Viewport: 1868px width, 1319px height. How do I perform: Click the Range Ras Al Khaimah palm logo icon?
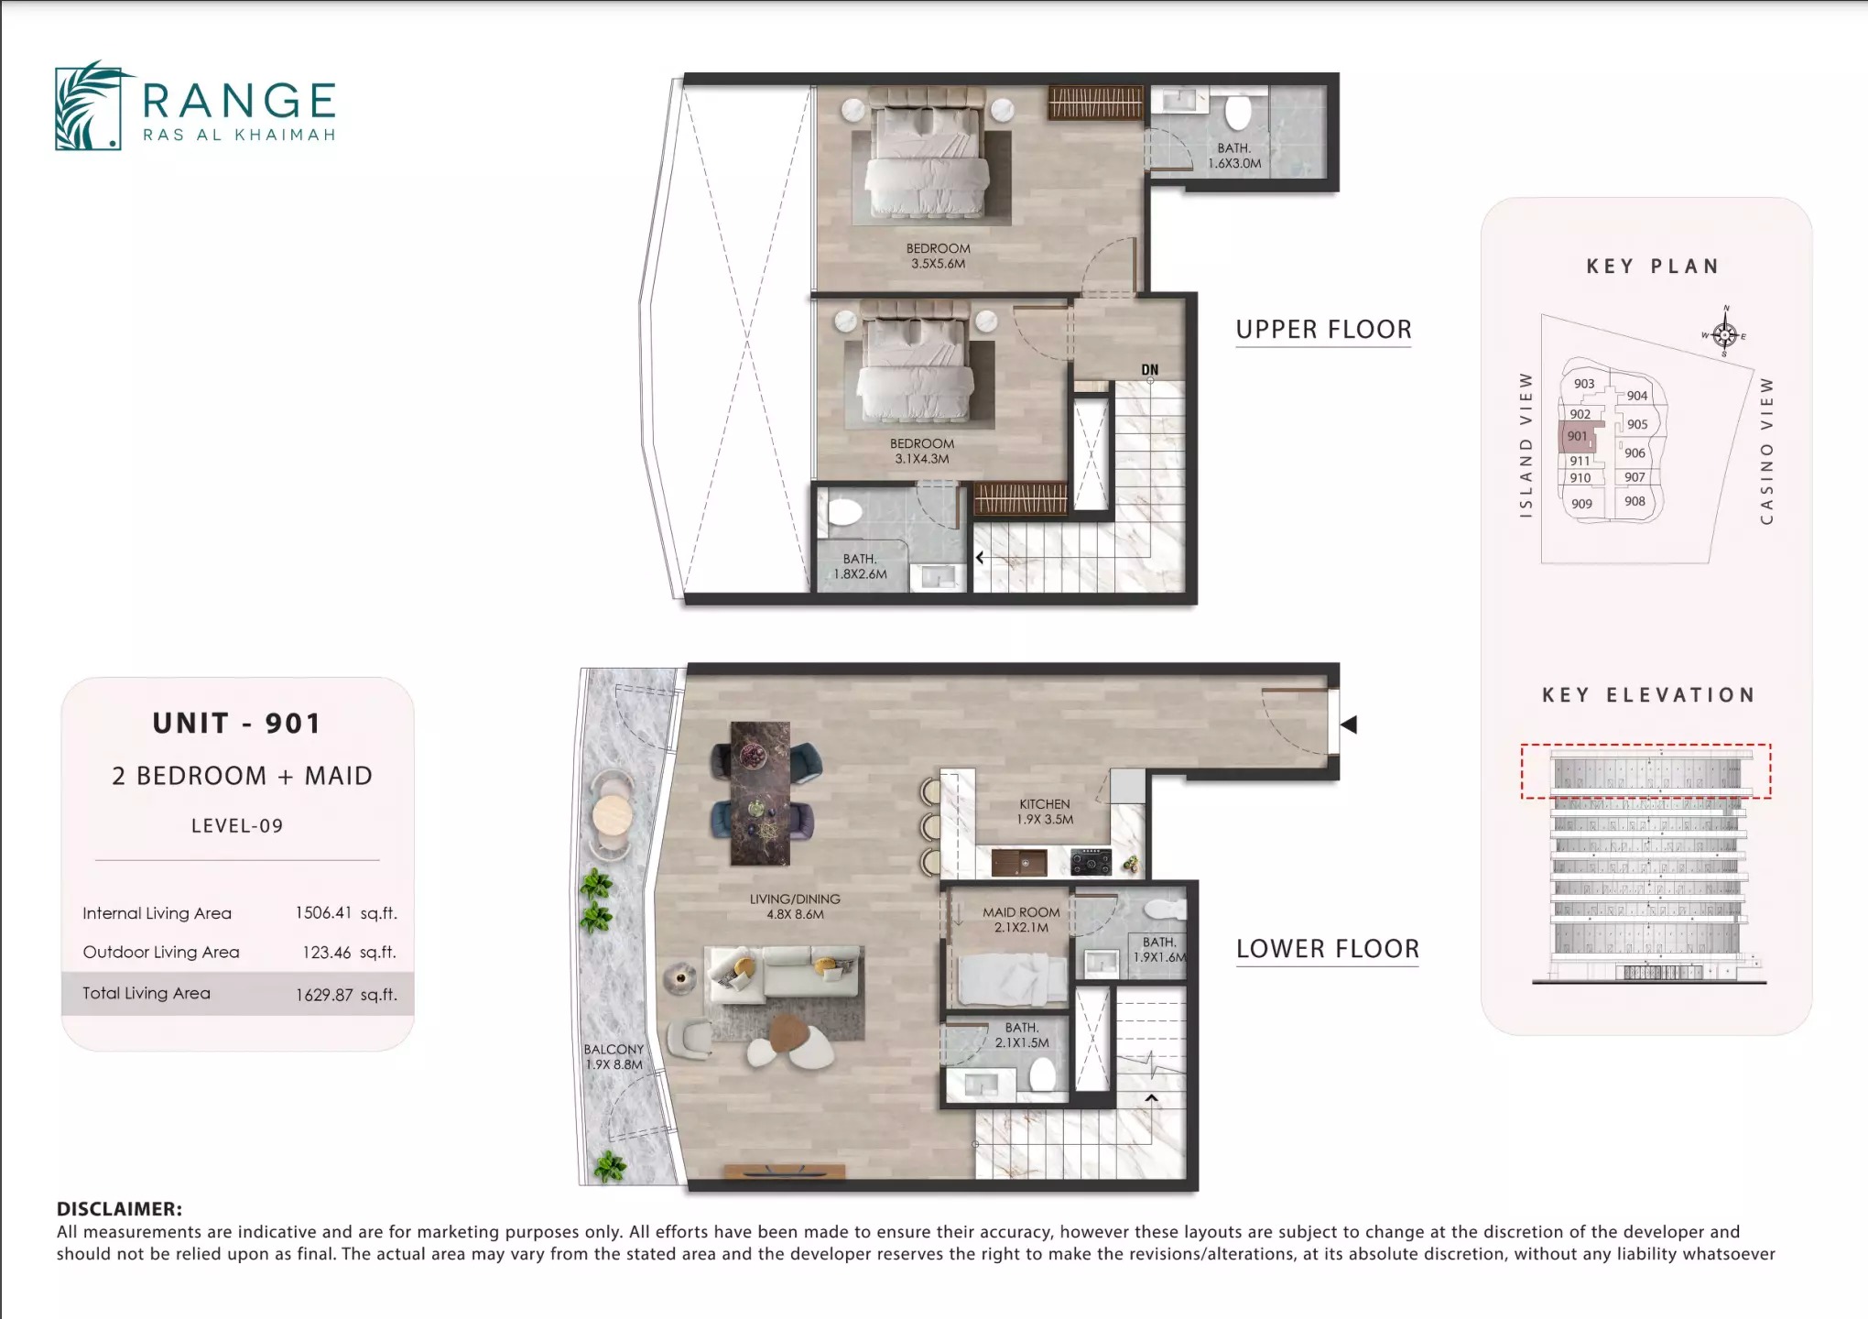(x=89, y=105)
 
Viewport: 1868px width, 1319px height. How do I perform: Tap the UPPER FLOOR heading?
(x=1323, y=330)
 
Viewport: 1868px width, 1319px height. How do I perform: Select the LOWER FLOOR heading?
(x=1327, y=949)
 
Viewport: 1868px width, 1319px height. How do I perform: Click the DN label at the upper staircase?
(x=1149, y=370)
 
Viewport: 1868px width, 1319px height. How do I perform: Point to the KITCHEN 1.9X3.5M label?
(x=1045, y=812)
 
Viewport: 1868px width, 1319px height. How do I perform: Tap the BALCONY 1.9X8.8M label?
(x=614, y=1057)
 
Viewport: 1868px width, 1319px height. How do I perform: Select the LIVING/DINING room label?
(x=795, y=907)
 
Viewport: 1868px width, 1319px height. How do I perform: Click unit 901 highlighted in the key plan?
(x=1576, y=437)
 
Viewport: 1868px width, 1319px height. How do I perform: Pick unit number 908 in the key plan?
(x=1634, y=501)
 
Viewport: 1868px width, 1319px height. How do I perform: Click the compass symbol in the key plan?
(x=1724, y=334)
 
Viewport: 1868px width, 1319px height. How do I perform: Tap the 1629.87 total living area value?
(x=323, y=995)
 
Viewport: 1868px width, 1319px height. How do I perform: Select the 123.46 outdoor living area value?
(x=327, y=953)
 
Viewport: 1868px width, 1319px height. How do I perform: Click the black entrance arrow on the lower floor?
(x=1348, y=725)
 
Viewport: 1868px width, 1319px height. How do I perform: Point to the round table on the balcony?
(x=612, y=813)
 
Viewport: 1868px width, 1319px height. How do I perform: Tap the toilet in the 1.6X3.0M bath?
(x=1237, y=114)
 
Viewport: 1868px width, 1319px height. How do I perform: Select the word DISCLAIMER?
(x=119, y=1209)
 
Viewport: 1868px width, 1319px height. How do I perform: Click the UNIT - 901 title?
(x=237, y=724)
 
